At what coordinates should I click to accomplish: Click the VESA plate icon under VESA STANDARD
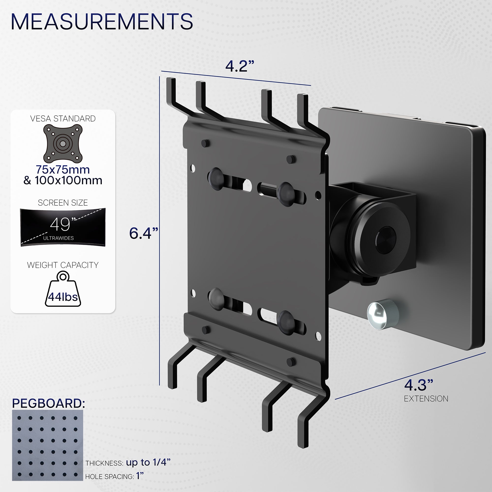point(63,144)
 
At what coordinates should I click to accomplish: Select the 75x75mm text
point(63,169)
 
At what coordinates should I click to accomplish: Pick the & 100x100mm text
point(63,181)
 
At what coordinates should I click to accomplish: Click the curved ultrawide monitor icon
point(63,227)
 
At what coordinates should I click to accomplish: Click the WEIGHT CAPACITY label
point(63,265)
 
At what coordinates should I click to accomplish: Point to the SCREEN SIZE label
point(63,203)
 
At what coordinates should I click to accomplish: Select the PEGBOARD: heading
point(48,404)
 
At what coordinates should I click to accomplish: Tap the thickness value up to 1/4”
point(148,462)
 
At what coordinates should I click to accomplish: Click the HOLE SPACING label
point(109,477)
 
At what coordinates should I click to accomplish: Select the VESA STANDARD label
point(63,119)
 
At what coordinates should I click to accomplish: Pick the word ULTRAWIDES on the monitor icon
point(58,238)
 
